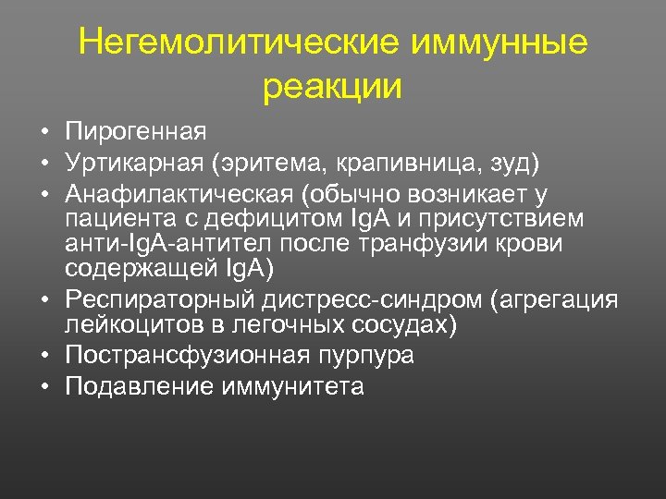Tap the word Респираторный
(x=160, y=300)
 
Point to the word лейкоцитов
(x=129, y=325)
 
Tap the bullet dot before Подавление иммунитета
(x=44, y=386)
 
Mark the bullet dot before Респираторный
(x=44, y=300)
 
